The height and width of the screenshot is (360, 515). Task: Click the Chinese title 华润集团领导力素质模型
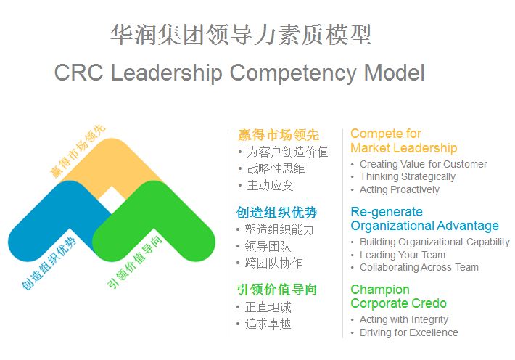pyautogui.click(x=241, y=35)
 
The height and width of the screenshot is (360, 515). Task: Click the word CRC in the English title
pyautogui.click(x=78, y=73)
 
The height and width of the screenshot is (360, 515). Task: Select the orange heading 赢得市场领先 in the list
pyautogui.click(x=279, y=135)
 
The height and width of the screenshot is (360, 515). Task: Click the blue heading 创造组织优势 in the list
pyautogui.click(x=276, y=213)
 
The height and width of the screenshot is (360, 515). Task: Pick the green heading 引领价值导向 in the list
pyautogui.click(x=276, y=290)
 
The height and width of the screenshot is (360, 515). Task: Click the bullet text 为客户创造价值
pyautogui.click(x=287, y=152)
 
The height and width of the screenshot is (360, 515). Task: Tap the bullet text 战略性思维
pyautogui.click(x=276, y=168)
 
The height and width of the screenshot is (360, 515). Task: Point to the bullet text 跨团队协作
pyautogui.click(x=273, y=263)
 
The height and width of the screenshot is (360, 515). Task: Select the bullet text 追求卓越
pyautogui.click(x=268, y=324)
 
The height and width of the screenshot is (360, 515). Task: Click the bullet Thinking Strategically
pyautogui.click(x=408, y=177)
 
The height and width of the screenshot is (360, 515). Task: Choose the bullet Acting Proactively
pyautogui.click(x=400, y=189)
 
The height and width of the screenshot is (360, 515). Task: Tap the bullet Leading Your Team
pyautogui.click(x=403, y=255)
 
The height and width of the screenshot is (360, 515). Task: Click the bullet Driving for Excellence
pyautogui.click(x=409, y=332)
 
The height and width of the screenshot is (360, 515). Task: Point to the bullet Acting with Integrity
pyautogui.click(x=403, y=319)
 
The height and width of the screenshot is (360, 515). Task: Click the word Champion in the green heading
pyautogui.click(x=380, y=290)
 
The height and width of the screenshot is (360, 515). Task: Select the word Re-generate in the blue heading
pyautogui.click(x=387, y=212)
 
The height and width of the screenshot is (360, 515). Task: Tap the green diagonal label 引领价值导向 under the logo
pyautogui.click(x=135, y=262)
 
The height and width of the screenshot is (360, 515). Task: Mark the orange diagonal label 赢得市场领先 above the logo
pyautogui.click(x=78, y=151)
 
